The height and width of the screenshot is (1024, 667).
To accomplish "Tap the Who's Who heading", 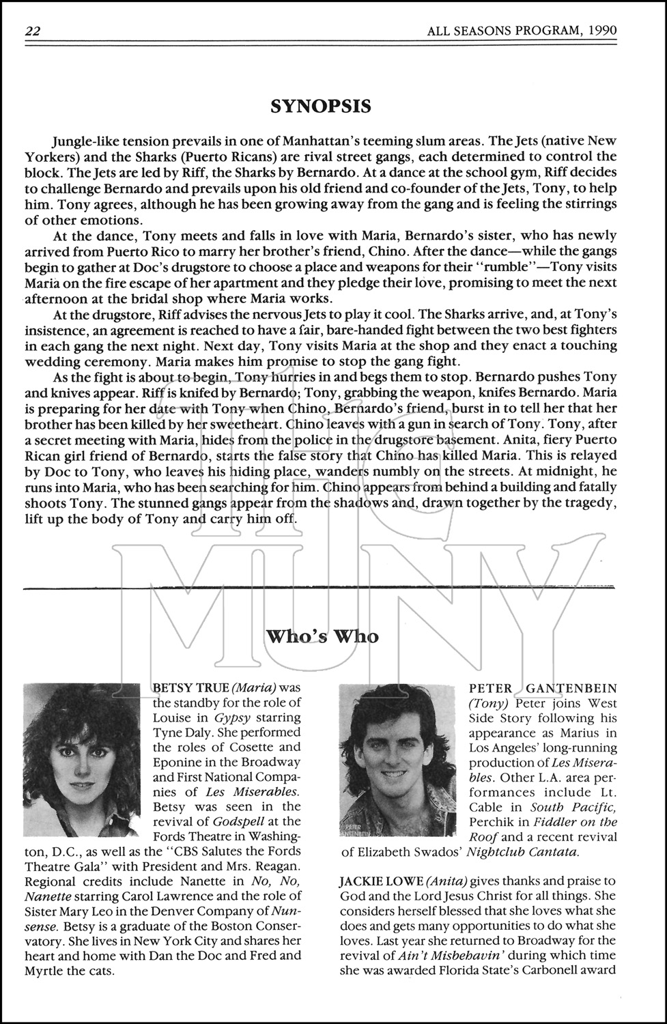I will pos(322,636).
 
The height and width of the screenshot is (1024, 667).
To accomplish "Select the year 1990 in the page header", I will pos(601,31).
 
